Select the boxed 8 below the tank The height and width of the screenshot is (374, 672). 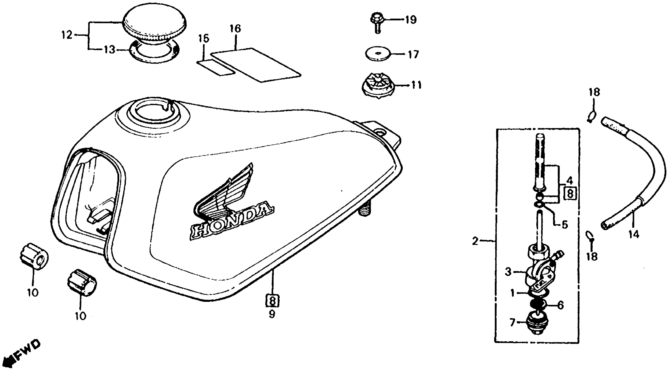[272, 301]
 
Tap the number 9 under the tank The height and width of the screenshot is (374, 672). [272, 314]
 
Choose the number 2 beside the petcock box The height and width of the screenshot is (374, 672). [475, 241]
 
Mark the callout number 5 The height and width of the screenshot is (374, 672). [564, 224]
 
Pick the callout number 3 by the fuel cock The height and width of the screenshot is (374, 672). [508, 272]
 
